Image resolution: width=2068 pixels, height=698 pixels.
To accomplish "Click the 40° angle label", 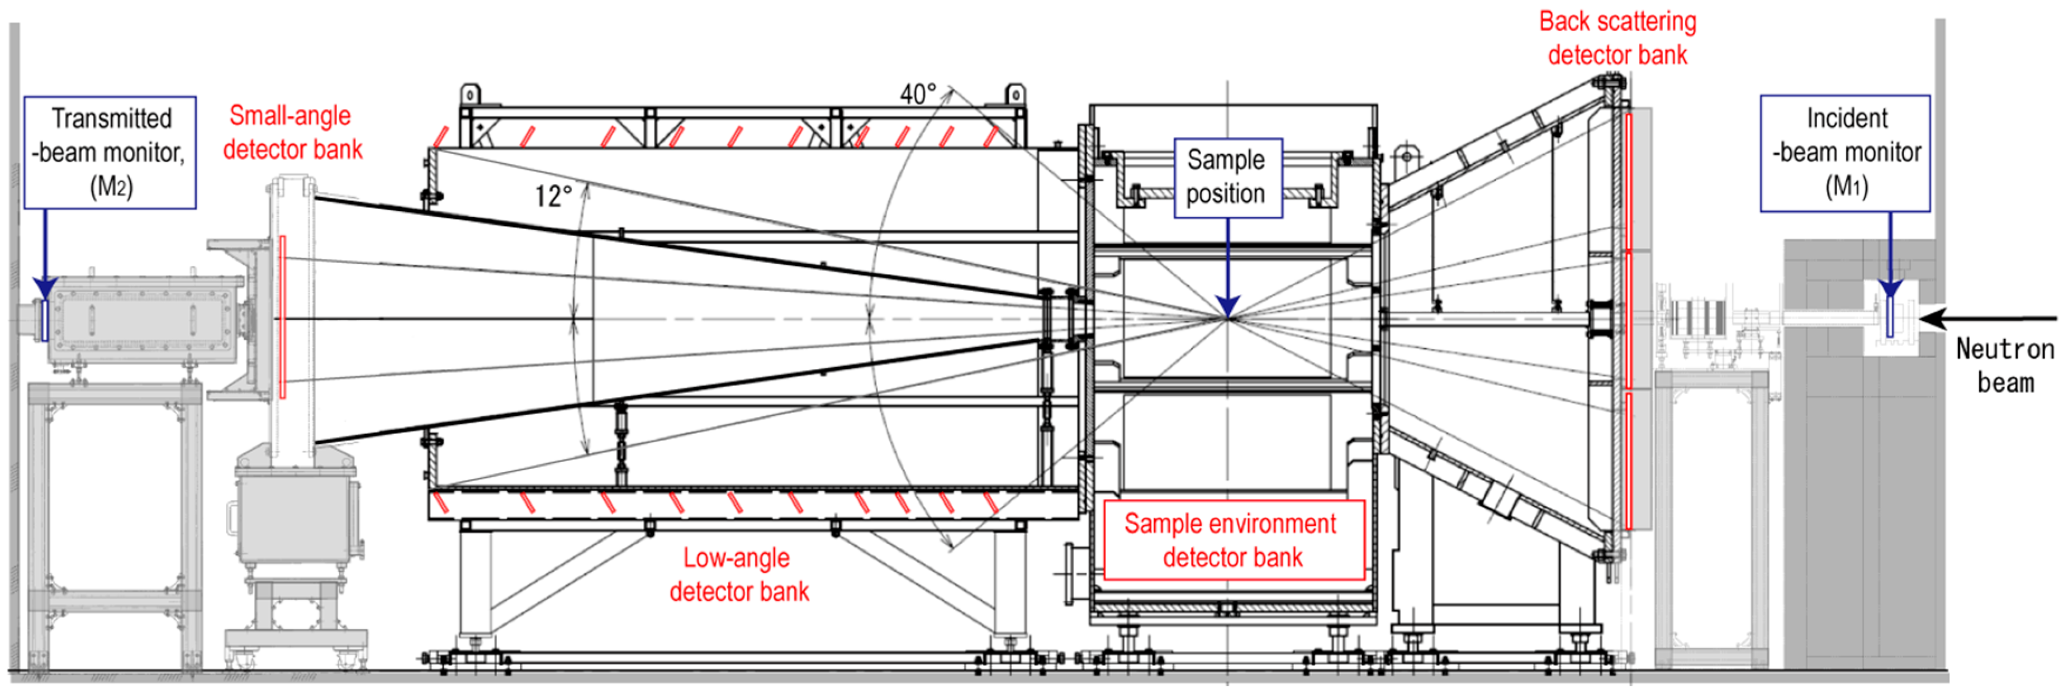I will pos(918,94).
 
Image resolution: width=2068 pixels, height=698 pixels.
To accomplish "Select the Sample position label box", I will pos(1227,177).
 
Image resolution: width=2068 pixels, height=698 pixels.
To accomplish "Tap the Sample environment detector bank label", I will pos(1233,540).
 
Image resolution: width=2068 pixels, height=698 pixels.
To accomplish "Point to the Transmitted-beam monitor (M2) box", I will pos(110,153).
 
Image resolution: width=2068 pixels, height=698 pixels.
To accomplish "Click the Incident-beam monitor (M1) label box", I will pos(1845,153).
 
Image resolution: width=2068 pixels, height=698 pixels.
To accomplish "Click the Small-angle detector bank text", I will pos(292,132).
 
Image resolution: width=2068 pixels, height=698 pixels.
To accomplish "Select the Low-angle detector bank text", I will pos(738,574).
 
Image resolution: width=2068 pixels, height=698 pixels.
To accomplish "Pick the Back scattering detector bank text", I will pos(1617,37).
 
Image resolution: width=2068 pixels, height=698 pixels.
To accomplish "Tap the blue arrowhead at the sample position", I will pos(1227,305).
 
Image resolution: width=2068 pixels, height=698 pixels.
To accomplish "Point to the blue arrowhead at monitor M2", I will pos(45,287).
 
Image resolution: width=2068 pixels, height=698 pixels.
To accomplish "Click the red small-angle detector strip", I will pos(283,317).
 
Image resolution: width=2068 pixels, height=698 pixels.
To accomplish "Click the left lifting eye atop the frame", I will pos(469,94).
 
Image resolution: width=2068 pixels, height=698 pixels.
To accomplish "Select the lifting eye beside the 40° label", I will pos(1016,94).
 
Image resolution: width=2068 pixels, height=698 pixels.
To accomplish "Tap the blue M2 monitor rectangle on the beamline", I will pos(45,319).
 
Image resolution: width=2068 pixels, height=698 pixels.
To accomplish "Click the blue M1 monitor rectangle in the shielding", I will pos(1890,317).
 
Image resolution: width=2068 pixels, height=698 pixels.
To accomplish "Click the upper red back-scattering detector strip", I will pos(1628,181).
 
